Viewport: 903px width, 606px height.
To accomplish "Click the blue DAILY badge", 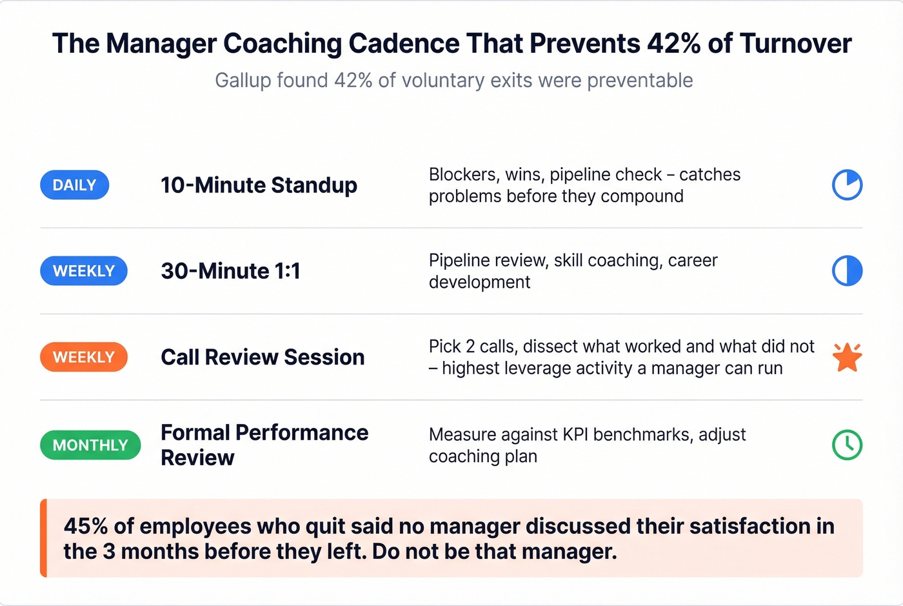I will [x=74, y=185].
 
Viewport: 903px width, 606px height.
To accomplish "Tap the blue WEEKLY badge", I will [x=84, y=271].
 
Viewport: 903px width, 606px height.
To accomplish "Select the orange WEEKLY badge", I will [x=84, y=357].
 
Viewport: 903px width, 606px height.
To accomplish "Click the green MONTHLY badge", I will [x=90, y=445].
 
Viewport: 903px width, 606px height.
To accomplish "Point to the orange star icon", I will [x=847, y=357].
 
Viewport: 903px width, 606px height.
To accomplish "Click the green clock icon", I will [x=847, y=445].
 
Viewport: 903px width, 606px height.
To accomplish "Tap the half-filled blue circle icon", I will [x=847, y=271].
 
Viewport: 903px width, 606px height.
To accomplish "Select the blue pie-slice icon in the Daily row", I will [x=847, y=185].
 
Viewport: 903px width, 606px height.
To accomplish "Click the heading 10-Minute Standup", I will [x=259, y=185].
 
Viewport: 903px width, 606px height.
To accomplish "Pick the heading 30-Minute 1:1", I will [x=230, y=271].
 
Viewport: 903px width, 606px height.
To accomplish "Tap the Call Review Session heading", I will [x=263, y=357].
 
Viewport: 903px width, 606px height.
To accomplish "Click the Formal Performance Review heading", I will [x=264, y=445].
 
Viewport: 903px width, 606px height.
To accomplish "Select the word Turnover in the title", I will [x=796, y=44].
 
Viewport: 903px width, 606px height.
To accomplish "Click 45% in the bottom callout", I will [x=85, y=527].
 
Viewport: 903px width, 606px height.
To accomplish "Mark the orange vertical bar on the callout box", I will [x=43, y=538].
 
